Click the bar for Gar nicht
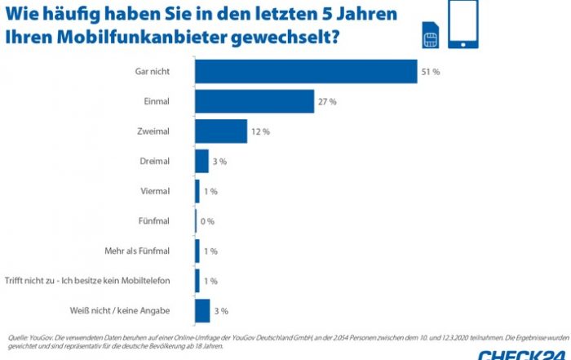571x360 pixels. point(306,72)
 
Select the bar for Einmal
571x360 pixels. point(255,101)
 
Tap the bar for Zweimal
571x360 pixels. point(220,131)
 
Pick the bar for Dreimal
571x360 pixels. point(201,162)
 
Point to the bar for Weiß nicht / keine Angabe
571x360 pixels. point(202,311)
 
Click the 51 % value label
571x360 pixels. point(431,72)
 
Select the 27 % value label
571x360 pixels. point(327,101)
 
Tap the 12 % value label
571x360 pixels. point(260,131)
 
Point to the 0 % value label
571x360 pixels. point(209,221)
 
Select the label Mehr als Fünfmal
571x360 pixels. point(137,251)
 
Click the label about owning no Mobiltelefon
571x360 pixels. point(87,281)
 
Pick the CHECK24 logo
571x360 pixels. point(522,353)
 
